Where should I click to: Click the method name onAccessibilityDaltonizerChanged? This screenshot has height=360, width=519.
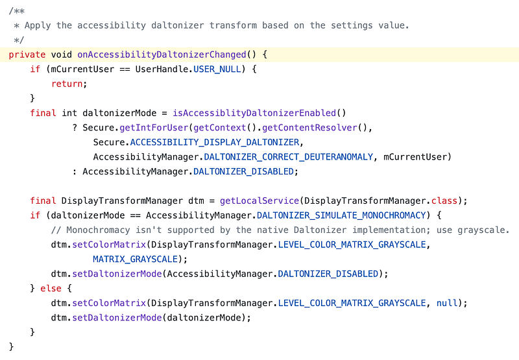(x=162, y=54)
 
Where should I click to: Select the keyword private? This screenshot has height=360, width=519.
(x=27, y=54)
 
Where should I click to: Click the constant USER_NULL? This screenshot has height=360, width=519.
(x=217, y=69)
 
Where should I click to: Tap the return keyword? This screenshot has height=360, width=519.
(x=67, y=84)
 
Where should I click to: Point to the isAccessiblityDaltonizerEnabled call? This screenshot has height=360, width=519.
(x=254, y=113)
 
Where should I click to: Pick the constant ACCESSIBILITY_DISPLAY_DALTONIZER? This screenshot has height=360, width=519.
(x=215, y=142)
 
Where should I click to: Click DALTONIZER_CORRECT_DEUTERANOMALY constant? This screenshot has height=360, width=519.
(x=288, y=157)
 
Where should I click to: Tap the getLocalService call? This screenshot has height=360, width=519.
(x=259, y=201)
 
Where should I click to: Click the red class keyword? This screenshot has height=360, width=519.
(x=444, y=201)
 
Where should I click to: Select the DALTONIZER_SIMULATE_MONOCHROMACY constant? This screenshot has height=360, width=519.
(x=341, y=215)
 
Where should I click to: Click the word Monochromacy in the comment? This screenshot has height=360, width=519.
(x=98, y=230)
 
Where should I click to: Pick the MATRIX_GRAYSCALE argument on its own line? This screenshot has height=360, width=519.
(x=136, y=259)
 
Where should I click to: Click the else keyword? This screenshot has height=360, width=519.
(x=51, y=289)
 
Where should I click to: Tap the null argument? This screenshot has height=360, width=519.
(x=447, y=303)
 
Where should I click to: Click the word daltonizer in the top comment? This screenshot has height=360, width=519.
(x=177, y=25)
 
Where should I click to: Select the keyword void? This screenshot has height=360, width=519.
(x=61, y=54)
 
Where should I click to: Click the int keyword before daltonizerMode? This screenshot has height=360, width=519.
(x=69, y=113)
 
